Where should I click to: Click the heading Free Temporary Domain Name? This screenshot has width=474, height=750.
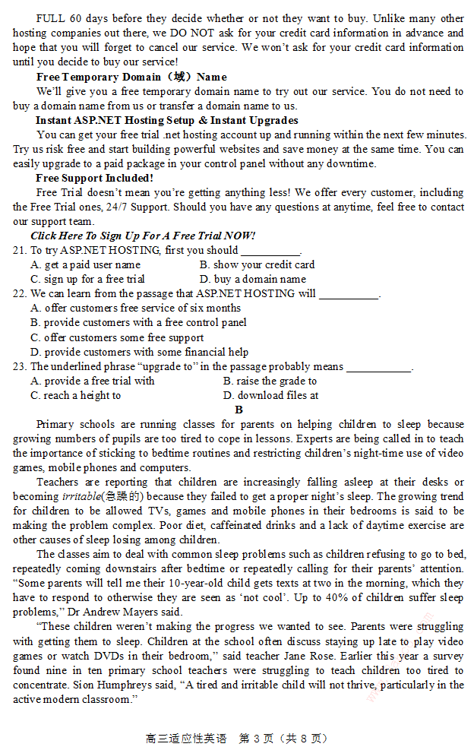(x=131, y=77)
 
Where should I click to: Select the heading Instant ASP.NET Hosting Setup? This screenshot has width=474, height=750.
(x=166, y=120)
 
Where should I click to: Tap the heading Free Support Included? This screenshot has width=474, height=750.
(x=94, y=178)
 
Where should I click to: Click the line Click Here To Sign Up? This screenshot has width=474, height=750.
(x=143, y=236)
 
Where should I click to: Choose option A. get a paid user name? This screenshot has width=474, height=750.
(x=85, y=264)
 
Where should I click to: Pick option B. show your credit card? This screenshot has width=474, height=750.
(x=257, y=264)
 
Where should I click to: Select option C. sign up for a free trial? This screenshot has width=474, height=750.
(x=87, y=279)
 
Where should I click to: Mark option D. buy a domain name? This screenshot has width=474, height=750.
(x=253, y=279)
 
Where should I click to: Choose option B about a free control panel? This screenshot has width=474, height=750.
(x=138, y=322)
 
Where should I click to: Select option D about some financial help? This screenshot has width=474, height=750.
(x=139, y=352)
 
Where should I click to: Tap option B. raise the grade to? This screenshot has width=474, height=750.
(x=270, y=381)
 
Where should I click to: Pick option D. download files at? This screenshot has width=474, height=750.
(x=270, y=395)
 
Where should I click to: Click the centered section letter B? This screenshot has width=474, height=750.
(x=239, y=410)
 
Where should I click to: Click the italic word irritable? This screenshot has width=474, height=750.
(x=81, y=496)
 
